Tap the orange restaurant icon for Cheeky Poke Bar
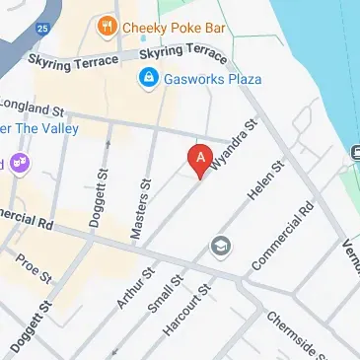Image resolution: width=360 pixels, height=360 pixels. [107, 28]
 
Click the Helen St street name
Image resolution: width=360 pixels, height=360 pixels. [265, 180]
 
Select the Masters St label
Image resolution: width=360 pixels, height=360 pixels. [147, 196]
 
